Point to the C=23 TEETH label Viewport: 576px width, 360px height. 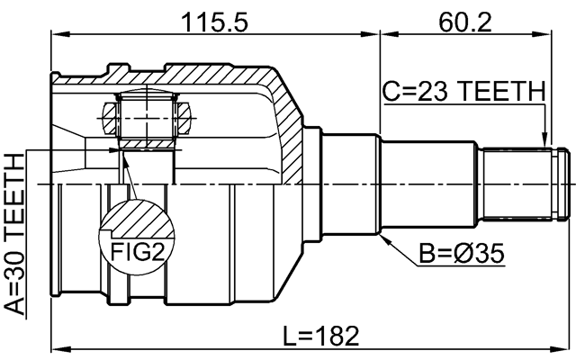(463, 91)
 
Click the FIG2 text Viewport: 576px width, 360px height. (134, 249)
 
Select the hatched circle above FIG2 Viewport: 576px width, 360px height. (134, 220)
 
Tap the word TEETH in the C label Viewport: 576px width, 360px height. (505, 91)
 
